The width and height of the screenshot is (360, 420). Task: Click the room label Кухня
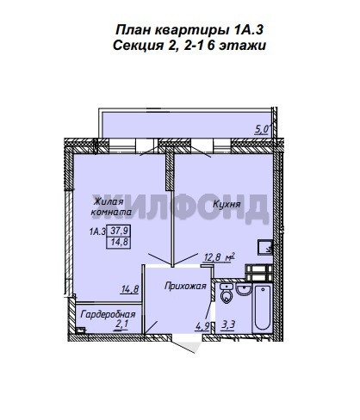tap(227, 204)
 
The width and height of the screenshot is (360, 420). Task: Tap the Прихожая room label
tap(185, 286)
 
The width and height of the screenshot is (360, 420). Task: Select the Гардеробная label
tap(108, 314)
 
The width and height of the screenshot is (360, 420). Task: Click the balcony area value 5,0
tap(262, 130)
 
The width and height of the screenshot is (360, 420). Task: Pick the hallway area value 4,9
tap(202, 326)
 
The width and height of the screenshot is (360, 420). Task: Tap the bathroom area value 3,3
tap(228, 325)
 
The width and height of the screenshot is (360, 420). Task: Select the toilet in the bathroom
tap(227, 293)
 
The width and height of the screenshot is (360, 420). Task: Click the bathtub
tap(263, 307)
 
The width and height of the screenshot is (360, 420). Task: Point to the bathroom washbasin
tap(244, 289)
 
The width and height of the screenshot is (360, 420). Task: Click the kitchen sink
tap(265, 247)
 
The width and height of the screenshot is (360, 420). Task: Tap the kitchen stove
tap(258, 273)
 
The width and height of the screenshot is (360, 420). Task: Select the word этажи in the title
tap(242, 46)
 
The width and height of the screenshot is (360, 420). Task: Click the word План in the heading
tap(133, 30)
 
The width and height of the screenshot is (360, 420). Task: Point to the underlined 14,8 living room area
tap(130, 289)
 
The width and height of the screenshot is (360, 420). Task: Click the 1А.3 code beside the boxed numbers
tap(98, 232)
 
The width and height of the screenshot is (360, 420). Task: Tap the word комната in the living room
tap(111, 213)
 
